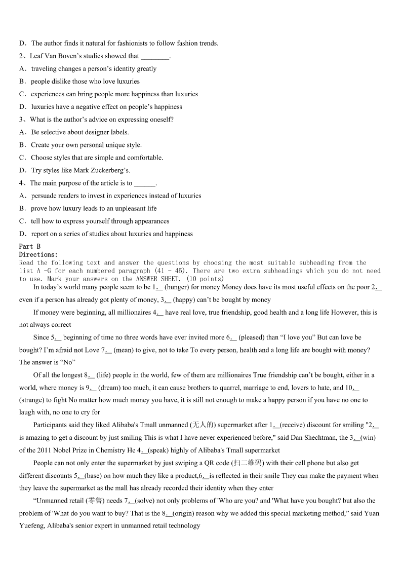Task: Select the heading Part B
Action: coord(29,247)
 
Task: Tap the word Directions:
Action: coord(38,254)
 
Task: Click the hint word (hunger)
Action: coord(177,287)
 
